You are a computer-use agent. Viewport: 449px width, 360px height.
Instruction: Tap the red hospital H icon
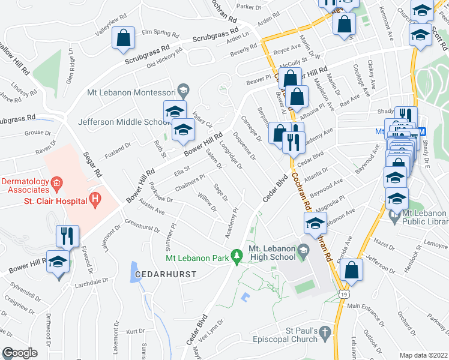pos(94,199)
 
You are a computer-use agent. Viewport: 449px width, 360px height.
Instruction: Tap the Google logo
pos(20,353)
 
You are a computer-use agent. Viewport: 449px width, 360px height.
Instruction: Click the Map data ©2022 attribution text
pos(423,355)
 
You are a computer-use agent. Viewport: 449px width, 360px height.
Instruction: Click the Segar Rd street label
pos(93,166)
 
